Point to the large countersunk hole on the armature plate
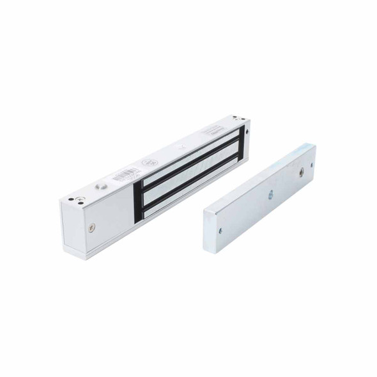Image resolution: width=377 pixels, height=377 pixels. (301, 173)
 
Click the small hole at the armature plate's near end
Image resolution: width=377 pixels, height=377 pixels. (220, 230)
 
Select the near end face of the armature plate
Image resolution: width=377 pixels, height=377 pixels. (209, 230)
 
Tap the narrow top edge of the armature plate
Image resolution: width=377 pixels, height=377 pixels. (256, 180)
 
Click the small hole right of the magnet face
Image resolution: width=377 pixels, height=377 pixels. (247, 133)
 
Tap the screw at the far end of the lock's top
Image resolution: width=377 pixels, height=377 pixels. (235, 118)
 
